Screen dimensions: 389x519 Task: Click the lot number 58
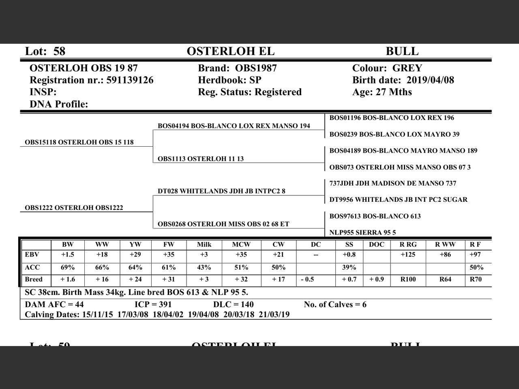coord(59,51)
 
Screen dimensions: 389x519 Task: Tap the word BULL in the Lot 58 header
coord(402,51)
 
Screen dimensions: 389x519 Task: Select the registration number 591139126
coord(130,80)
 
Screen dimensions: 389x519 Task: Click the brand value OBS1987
coord(256,68)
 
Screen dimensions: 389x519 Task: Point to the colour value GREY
coord(407,68)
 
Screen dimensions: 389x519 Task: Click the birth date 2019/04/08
coord(430,80)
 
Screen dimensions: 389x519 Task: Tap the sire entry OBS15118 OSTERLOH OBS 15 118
coord(79,142)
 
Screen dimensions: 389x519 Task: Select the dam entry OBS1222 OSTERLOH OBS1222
coord(74,208)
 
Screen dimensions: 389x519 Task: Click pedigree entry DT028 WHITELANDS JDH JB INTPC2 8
coord(221,191)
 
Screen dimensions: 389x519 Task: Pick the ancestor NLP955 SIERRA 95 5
coord(362,233)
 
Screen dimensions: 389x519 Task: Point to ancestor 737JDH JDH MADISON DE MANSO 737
coord(392,184)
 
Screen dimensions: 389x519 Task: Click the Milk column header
coord(204,245)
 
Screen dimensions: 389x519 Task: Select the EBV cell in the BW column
coord(68,255)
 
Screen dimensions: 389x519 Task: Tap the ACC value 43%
coord(204,267)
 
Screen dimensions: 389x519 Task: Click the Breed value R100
coord(408,280)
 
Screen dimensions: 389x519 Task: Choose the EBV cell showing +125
coord(408,255)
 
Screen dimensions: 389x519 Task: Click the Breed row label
coord(34,280)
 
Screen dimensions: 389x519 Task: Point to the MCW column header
coord(241,245)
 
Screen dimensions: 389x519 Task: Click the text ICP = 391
coord(153,305)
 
